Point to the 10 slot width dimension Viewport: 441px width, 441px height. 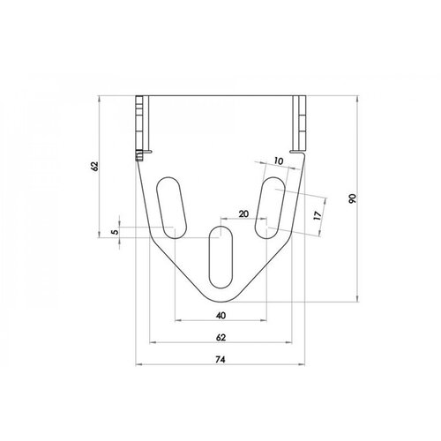coord(279,161)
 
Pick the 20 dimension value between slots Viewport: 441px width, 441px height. coord(244,214)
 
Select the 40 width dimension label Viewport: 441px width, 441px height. coord(220,315)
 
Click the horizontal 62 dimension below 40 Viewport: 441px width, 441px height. coord(220,336)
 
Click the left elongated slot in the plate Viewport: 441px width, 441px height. coord(171,208)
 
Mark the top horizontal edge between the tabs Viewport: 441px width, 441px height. coord(220,96)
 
